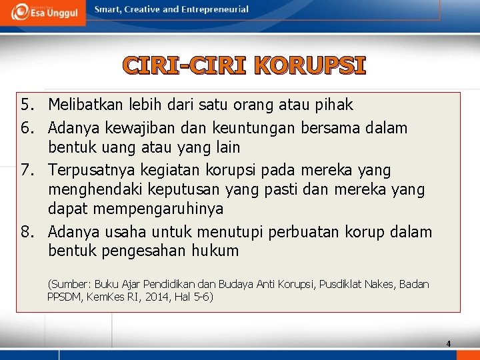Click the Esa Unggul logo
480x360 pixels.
tap(43, 12)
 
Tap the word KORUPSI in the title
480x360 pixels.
tap(310, 67)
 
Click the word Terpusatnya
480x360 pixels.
tap(90, 170)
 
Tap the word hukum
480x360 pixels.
tap(215, 251)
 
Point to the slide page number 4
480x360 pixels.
tap(448, 344)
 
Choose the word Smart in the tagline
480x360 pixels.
tap(107, 9)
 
